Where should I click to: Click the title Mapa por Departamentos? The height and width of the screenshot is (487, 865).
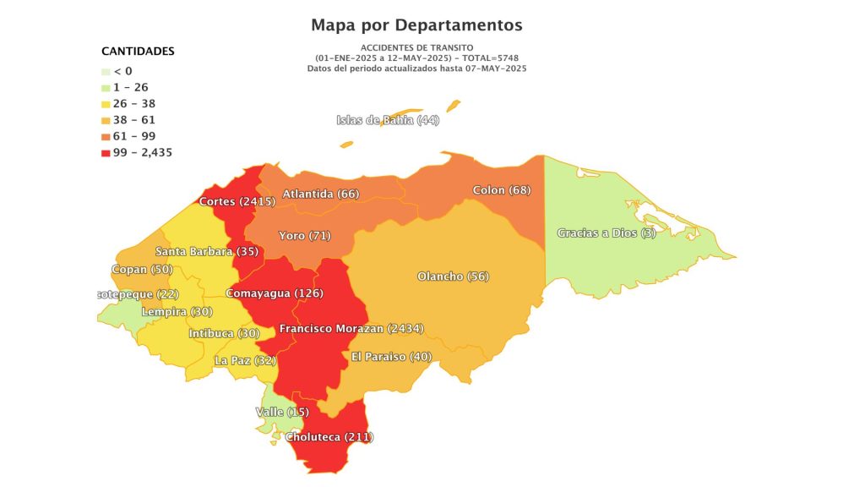pyautogui.click(x=416, y=25)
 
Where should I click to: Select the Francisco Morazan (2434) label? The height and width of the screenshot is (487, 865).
pyautogui.click(x=351, y=328)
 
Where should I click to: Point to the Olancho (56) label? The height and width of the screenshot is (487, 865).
pyautogui.click(x=454, y=276)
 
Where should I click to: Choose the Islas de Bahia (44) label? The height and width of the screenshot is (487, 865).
pyautogui.click(x=388, y=120)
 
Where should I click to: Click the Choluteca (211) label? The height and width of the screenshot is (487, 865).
pyautogui.click(x=329, y=437)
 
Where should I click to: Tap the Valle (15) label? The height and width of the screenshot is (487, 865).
pyautogui.click(x=282, y=412)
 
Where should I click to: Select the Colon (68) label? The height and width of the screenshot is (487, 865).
pyautogui.click(x=502, y=189)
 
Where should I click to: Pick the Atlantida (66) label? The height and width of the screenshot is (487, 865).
pyautogui.click(x=321, y=194)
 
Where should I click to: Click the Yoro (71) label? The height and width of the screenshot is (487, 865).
pyautogui.click(x=305, y=234)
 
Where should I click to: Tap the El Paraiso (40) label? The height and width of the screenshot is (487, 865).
pyautogui.click(x=392, y=357)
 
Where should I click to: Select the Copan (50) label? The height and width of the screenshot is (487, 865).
pyautogui.click(x=142, y=270)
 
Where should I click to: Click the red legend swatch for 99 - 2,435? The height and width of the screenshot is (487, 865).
pyautogui.click(x=106, y=153)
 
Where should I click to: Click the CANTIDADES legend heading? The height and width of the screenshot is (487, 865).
pyautogui.click(x=138, y=51)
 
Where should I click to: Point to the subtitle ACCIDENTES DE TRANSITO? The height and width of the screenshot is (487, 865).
pyautogui.click(x=416, y=47)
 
